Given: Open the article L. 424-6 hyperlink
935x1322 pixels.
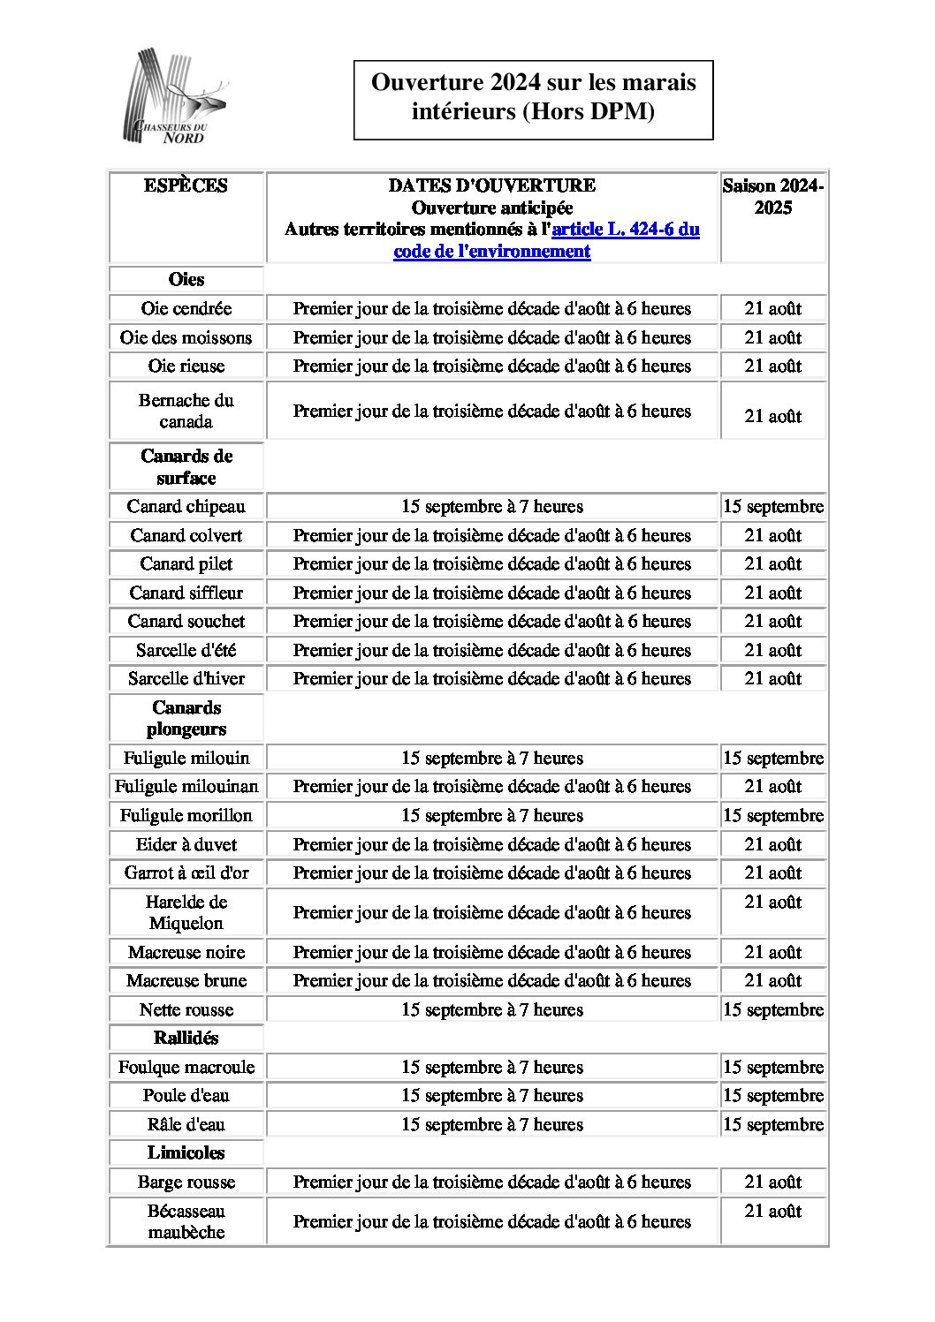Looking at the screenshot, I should (x=625, y=230).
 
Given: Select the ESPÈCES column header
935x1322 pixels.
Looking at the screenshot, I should (x=186, y=185).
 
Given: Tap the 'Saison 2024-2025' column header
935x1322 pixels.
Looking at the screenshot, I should (x=772, y=197).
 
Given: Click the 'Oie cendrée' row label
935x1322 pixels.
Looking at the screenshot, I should (x=186, y=308).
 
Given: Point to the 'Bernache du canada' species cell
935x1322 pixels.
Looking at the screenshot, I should (x=186, y=411).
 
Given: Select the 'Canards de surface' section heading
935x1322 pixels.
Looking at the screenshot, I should (x=186, y=466).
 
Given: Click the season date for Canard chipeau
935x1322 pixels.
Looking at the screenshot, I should (x=772, y=506).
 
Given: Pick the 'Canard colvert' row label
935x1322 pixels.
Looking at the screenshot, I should (x=186, y=535).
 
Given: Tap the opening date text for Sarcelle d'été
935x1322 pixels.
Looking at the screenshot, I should (x=491, y=650).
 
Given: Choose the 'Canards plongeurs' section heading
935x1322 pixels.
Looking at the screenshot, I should (x=186, y=718).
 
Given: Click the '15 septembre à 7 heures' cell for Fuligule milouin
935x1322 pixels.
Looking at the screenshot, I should (x=491, y=758).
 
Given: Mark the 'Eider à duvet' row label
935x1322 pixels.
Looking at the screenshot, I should (x=186, y=844).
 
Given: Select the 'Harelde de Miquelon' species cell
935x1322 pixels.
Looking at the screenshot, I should (x=186, y=912).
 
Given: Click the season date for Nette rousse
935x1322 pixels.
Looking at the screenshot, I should (x=772, y=1009).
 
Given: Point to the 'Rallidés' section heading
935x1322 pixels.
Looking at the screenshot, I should (x=186, y=1038).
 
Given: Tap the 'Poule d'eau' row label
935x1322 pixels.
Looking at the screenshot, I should (x=186, y=1095).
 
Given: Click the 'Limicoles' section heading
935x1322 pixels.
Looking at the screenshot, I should (x=186, y=1152).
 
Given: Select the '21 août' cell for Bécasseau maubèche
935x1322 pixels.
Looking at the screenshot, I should (x=772, y=1211).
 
